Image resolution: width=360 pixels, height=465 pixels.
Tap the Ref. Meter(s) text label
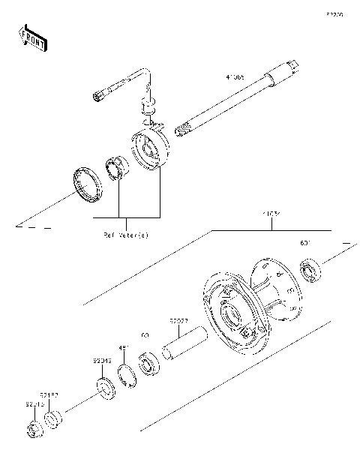[125, 235]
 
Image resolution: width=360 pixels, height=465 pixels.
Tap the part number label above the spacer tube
[177, 322]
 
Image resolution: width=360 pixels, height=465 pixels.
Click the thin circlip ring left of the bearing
[127, 370]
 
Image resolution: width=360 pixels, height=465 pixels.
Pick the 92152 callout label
[50, 394]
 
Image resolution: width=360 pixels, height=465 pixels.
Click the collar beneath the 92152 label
[53, 418]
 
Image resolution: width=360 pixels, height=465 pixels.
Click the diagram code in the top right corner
[334, 13]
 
